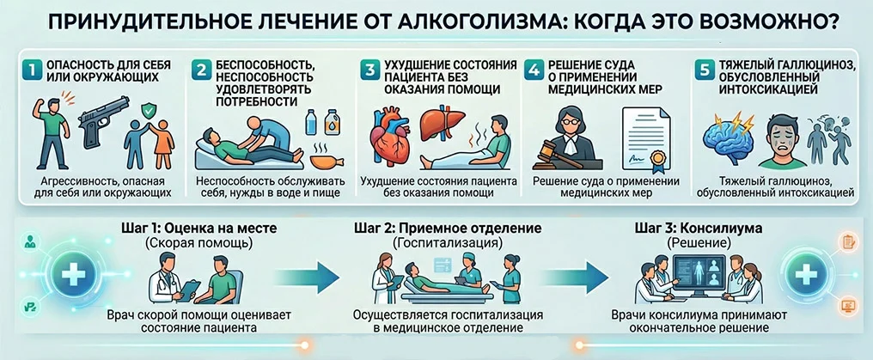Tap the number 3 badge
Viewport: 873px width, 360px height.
369,70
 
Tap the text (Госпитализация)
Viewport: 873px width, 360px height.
448,243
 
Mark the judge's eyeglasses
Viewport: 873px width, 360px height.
565,121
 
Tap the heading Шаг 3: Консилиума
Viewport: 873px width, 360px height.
699,229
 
